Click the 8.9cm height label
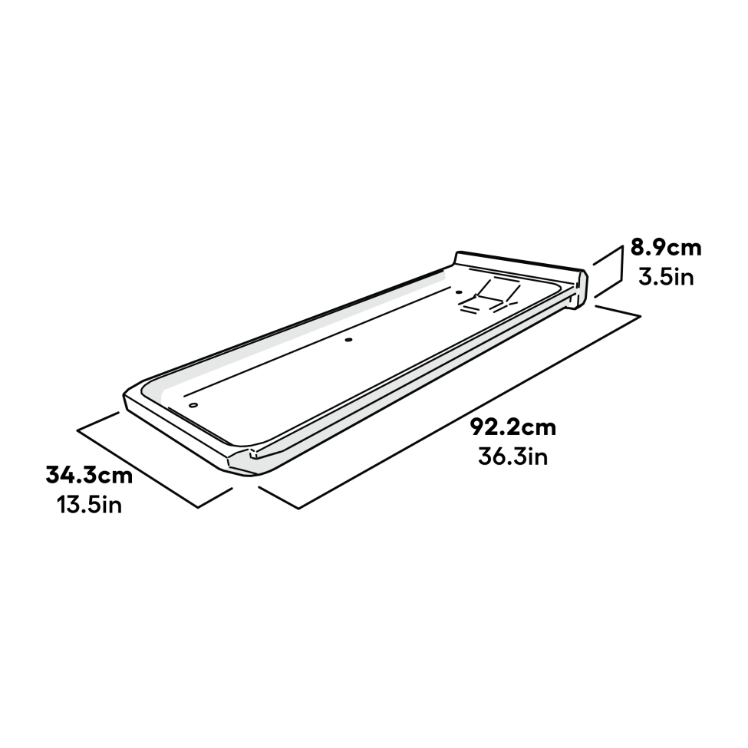[665, 248]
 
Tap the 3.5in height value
[665, 275]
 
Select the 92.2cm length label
[513, 427]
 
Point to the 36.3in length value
[512, 457]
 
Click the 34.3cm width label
[89, 475]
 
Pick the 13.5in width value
[89, 506]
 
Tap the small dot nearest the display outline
[460, 292]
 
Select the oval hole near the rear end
[193, 404]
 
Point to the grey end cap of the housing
[581, 290]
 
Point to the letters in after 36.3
[536, 457]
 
